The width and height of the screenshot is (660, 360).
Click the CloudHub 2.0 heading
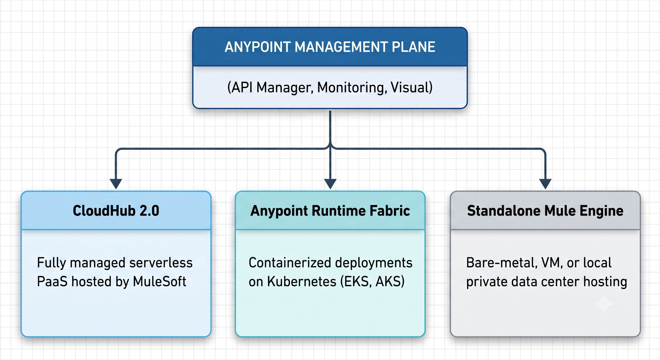(x=116, y=211)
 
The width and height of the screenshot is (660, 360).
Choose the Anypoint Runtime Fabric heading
(x=330, y=211)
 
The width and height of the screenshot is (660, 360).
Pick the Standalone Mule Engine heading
(x=545, y=211)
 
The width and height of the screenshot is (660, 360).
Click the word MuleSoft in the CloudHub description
(x=160, y=281)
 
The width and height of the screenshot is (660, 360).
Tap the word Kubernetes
(x=302, y=281)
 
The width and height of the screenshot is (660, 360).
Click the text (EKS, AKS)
(x=372, y=281)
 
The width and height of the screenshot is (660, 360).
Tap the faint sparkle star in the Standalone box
(x=604, y=304)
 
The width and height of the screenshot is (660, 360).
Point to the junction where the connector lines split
(x=330, y=148)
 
